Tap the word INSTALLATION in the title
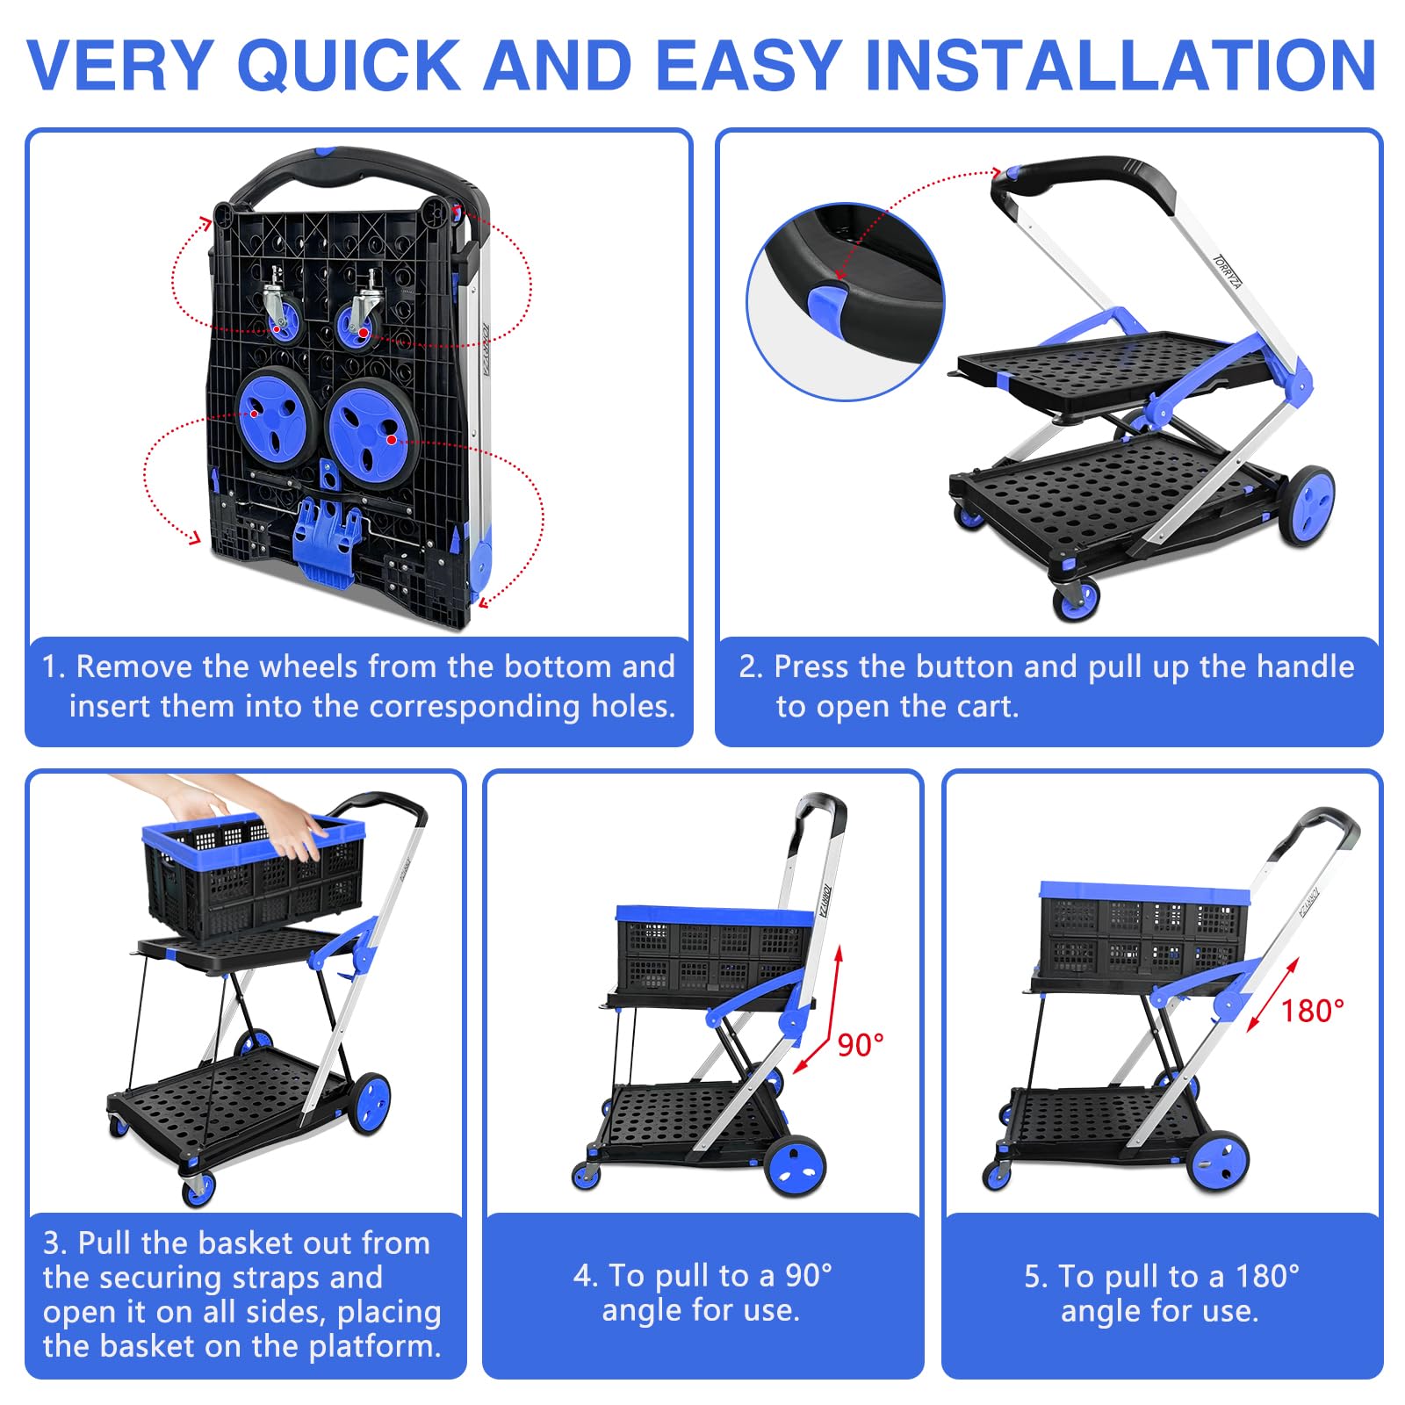pyautogui.click(x=1120, y=65)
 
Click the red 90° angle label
pyautogui.click(x=860, y=1045)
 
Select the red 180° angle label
pyautogui.click(x=1312, y=1011)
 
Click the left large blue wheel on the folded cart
pyautogui.click(x=275, y=415)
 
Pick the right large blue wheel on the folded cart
pyautogui.click(x=371, y=428)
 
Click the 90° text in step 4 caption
pyautogui.click(x=808, y=1275)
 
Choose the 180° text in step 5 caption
pyautogui.click(x=1267, y=1275)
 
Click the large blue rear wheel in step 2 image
pyautogui.click(x=1307, y=504)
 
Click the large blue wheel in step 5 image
pyautogui.click(x=1218, y=1160)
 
